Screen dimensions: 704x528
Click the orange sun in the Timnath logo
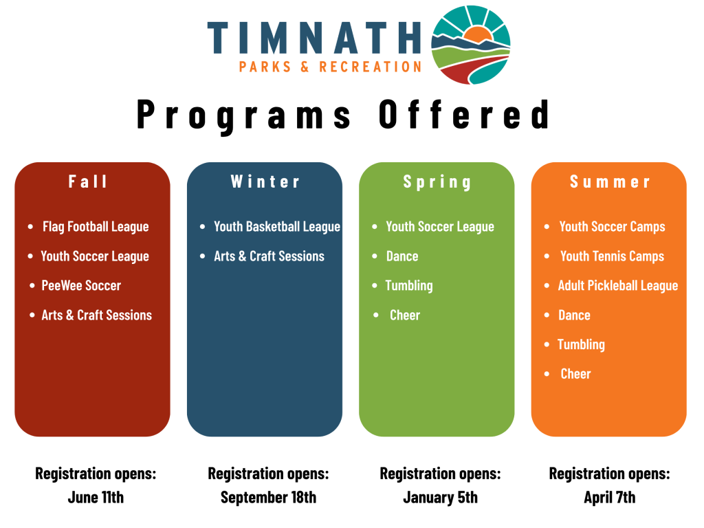coord(477,35)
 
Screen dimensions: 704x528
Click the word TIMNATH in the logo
coord(313,38)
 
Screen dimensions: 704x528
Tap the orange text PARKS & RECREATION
coord(330,67)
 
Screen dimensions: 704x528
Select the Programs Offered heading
coord(344,115)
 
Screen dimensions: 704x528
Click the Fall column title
coord(88,181)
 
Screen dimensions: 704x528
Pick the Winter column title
coord(265,181)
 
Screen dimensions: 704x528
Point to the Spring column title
coord(437,182)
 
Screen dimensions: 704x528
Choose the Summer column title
coord(610,181)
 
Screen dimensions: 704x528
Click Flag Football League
coord(96,227)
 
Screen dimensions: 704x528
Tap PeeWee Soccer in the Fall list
coord(81,285)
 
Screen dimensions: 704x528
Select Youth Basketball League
coord(277,227)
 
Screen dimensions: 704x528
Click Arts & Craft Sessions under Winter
coord(269,256)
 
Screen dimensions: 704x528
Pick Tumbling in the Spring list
coord(409,286)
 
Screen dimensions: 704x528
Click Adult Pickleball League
coord(618,286)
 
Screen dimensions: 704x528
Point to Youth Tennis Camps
coord(612,256)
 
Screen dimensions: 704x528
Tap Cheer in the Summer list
coord(575,374)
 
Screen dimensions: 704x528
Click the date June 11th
coord(96,498)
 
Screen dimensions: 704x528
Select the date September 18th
coord(269,498)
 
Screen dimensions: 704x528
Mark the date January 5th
coord(441,498)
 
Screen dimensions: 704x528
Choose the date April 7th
coord(610,498)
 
